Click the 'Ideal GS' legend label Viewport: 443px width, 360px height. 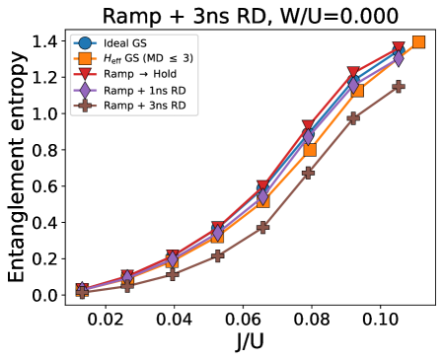pos(124,43)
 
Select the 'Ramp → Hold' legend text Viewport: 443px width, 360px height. pos(140,74)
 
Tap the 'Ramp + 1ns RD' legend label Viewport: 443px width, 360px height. pos(144,90)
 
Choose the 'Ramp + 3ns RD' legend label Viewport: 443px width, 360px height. pos(144,105)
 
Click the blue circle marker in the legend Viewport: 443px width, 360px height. pos(85,43)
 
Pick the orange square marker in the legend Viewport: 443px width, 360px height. pos(85,58)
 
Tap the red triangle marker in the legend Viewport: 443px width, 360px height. pos(85,74)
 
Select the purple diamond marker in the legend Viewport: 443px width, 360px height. pos(85,90)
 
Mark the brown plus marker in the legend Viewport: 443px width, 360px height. pos(85,105)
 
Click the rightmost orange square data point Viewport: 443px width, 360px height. pos(418,41)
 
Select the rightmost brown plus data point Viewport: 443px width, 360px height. pos(399,87)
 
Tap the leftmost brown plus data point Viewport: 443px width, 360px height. pos(82,293)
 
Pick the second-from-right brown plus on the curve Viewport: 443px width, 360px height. pos(353,118)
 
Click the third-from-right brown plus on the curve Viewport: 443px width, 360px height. pos(308,173)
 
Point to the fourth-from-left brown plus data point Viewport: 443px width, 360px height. pos(217,255)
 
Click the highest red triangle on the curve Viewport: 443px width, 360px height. pos(399,48)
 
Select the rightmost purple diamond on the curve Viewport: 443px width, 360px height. pos(399,58)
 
